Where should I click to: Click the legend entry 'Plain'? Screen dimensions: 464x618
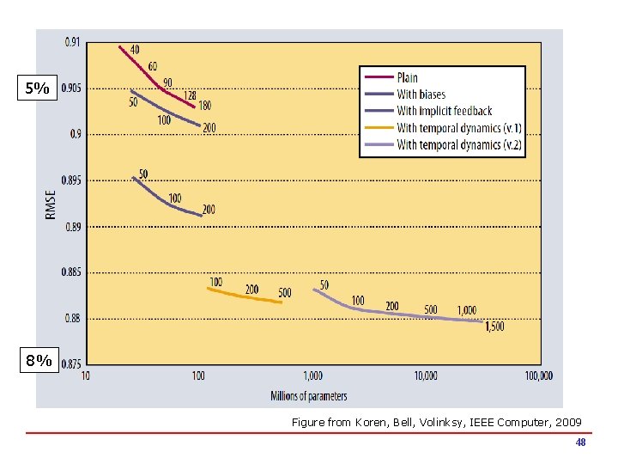407,78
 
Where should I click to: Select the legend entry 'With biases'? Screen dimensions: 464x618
421,95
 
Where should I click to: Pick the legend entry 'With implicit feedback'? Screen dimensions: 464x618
444,111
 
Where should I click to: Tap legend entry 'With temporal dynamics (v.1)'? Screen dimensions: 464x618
458,128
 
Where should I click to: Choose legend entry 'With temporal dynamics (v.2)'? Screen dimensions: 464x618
458,144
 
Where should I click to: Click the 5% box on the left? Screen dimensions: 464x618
38,89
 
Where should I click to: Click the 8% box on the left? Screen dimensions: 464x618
38,362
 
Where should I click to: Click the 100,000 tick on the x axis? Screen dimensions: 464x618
538,375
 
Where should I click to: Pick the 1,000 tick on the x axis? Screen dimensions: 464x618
312,375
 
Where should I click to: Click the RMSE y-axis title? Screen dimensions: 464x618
51,205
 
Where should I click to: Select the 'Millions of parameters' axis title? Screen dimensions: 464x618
309,396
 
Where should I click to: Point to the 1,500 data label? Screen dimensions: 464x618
494,327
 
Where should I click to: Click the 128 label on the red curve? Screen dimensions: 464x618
189,95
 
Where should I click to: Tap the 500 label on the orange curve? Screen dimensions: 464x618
284,293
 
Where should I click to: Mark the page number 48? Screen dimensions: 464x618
580,443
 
